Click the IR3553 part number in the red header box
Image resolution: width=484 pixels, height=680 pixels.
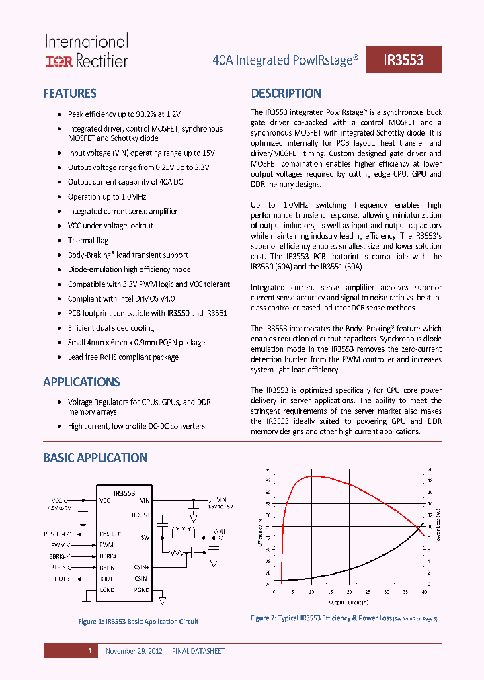[x=403, y=60]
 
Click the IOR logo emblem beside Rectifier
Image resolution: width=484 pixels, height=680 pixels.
[x=59, y=62]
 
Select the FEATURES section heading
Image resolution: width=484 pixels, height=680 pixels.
[x=69, y=93]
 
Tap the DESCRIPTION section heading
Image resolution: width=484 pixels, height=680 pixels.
[x=286, y=93]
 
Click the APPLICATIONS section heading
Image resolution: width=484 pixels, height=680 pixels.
[x=81, y=382]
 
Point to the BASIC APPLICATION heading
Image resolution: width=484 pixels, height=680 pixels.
[x=95, y=458]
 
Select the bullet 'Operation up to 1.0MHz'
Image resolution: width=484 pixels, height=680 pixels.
[x=106, y=197]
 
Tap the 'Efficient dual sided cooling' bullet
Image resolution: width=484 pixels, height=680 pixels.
[x=111, y=328]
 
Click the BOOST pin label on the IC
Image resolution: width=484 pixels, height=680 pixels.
[x=140, y=515]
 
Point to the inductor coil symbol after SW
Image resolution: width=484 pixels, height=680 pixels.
[x=182, y=532]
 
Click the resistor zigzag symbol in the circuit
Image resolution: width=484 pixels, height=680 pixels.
[x=176, y=552]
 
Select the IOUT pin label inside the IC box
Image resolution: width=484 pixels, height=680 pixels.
[x=106, y=579]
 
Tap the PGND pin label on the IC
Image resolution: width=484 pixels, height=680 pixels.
[x=141, y=589]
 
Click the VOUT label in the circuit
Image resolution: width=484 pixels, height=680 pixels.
[x=220, y=531]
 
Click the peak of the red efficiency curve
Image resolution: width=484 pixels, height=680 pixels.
[x=311, y=476]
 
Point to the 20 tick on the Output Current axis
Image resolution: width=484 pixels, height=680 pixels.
[x=349, y=592]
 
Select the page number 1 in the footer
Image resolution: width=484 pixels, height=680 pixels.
[x=89, y=650]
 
